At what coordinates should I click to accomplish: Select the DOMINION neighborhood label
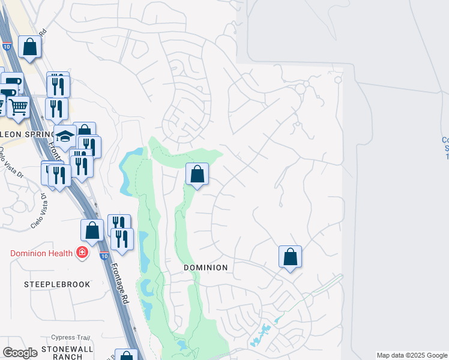click(206, 268)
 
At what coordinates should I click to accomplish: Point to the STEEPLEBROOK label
click(57, 284)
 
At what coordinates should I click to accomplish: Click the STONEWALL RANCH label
click(68, 352)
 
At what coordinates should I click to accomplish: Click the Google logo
click(20, 353)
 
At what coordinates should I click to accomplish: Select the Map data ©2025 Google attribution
click(412, 355)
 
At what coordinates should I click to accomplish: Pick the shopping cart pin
click(19, 107)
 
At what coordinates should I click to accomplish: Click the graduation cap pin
click(65, 136)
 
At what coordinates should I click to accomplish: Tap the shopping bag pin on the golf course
click(196, 175)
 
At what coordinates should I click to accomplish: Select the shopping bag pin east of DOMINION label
click(290, 257)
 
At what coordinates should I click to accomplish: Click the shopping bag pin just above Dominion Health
click(92, 230)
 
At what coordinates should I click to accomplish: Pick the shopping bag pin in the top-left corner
click(29, 47)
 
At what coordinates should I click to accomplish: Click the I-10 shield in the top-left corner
click(7, 46)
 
